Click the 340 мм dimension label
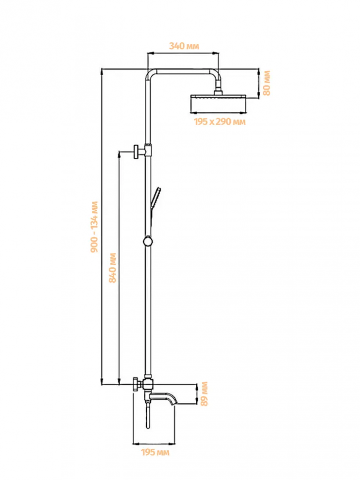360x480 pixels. [x=184, y=46]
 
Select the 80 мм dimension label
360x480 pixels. [x=267, y=83]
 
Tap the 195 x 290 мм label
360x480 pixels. [x=219, y=121]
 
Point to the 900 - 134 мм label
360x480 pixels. [x=94, y=227]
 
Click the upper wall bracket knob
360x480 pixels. [x=136, y=150]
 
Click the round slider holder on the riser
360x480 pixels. [x=147, y=241]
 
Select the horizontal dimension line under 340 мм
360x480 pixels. [x=182, y=53]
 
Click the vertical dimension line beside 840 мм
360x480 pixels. [x=119, y=267]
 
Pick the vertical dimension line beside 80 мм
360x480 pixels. [x=259, y=83]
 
